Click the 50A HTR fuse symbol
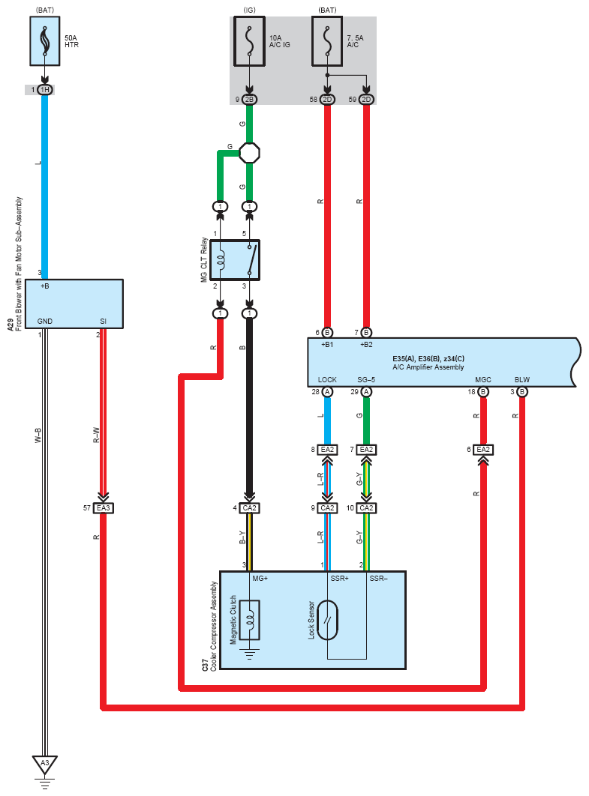click(x=45, y=41)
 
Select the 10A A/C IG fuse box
click(x=250, y=41)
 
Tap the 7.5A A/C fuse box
click(x=327, y=41)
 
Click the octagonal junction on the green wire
click(x=250, y=153)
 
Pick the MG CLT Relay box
click(x=235, y=260)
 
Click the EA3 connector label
click(x=103, y=507)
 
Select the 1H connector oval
click(x=45, y=90)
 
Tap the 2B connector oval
click(x=250, y=100)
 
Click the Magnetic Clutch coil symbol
click(x=250, y=620)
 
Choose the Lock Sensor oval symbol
click(x=327, y=620)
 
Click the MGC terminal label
click(x=483, y=380)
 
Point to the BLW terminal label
click(x=522, y=380)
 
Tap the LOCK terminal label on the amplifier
click(x=327, y=380)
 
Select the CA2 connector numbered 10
click(x=366, y=507)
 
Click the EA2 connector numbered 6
click(x=483, y=449)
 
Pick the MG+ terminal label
click(x=260, y=578)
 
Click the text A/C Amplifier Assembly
click(x=428, y=367)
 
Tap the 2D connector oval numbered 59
click(x=366, y=100)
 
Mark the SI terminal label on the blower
click(x=103, y=322)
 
